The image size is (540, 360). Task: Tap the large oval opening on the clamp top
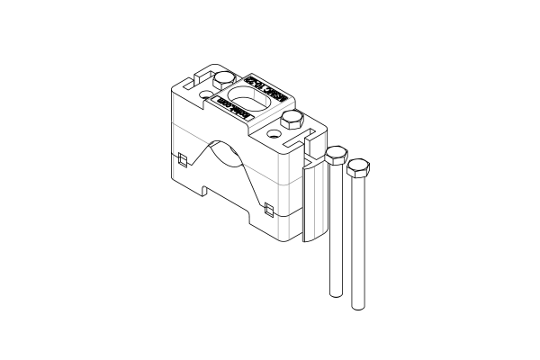(x=244, y=94)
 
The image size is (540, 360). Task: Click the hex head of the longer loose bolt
(x=358, y=167)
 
